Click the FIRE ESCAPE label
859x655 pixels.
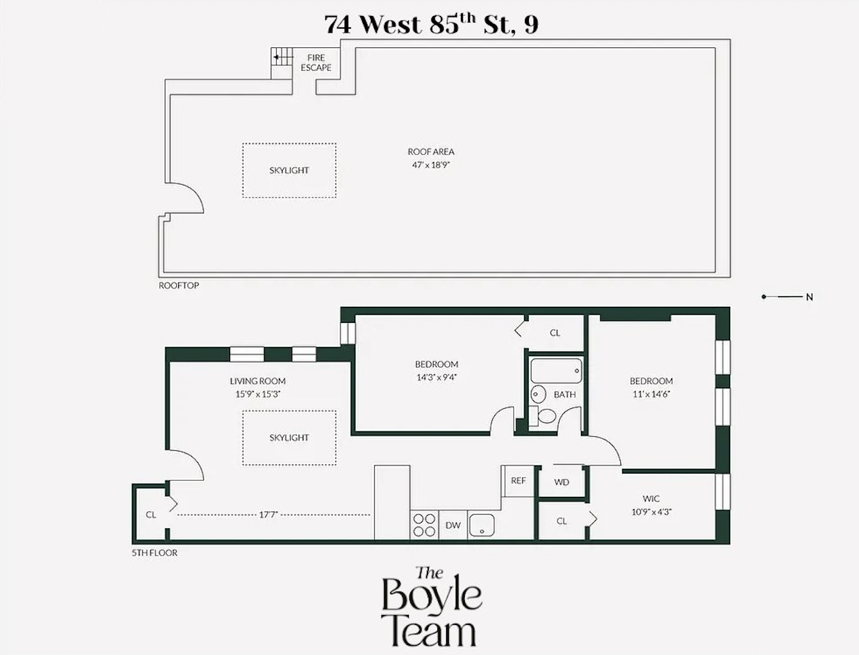pyautogui.click(x=315, y=63)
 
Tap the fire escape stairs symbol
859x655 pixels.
pyautogui.click(x=281, y=58)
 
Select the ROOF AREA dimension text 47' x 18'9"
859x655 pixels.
pyautogui.click(x=431, y=164)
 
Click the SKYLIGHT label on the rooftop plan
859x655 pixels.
pyautogui.click(x=289, y=170)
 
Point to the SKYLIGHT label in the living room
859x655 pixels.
pyautogui.click(x=289, y=438)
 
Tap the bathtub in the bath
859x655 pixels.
pyautogui.click(x=556, y=371)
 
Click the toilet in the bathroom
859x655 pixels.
pyautogui.click(x=546, y=416)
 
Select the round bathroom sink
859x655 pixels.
pyautogui.click(x=539, y=394)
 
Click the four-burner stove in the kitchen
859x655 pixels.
pyautogui.click(x=424, y=524)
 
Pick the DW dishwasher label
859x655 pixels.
pyautogui.click(x=453, y=525)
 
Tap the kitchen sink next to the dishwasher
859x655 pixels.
pyautogui.click(x=481, y=525)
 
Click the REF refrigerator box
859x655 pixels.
pyautogui.click(x=518, y=481)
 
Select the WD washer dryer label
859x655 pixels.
pyautogui.click(x=562, y=482)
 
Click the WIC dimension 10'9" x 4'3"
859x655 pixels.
pyautogui.click(x=651, y=512)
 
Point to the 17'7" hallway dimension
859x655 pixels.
pyautogui.click(x=268, y=514)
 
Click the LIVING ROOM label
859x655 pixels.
pyautogui.click(x=257, y=381)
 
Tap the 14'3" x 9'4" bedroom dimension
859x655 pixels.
pyautogui.click(x=436, y=377)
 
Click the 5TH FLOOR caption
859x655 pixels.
pyautogui.click(x=155, y=553)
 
